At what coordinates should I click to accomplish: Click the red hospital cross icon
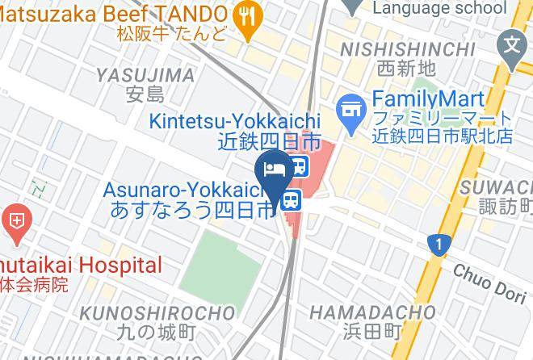pos(16,219)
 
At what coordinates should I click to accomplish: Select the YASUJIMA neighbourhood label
pos(145,76)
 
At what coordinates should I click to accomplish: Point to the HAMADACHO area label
pos(372,312)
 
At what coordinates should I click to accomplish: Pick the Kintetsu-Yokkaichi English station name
pos(234,121)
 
